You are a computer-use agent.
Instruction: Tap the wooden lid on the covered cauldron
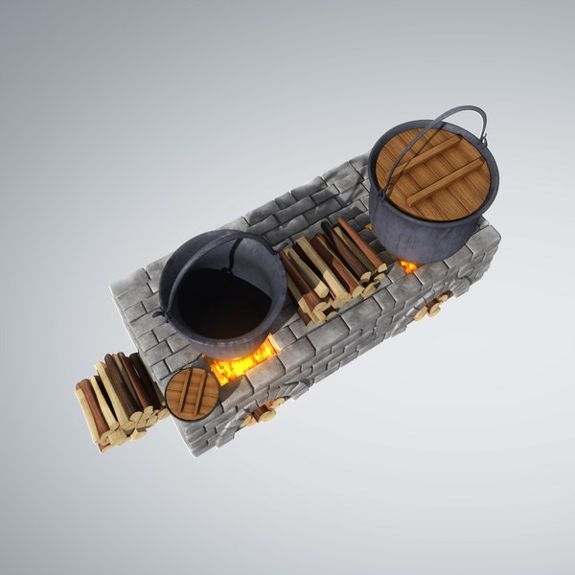click(432, 173)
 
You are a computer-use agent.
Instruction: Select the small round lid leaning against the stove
click(192, 392)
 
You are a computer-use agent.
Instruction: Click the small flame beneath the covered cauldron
click(409, 265)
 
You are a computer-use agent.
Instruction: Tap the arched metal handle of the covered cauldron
click(450, 119)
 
